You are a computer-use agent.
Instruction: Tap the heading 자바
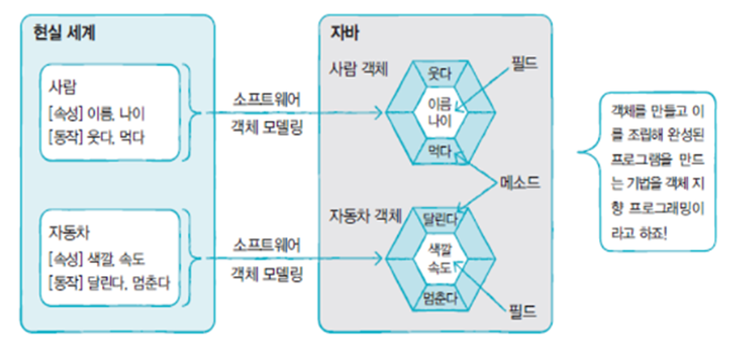click(346, 33)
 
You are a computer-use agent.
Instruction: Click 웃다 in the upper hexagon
click(438, 74)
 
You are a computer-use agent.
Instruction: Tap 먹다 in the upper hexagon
click(438, 148)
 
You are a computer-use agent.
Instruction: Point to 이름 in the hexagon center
click(437, 103)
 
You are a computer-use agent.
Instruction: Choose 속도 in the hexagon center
click(437, 266)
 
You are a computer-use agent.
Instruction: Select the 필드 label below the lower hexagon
click(524, 307)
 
